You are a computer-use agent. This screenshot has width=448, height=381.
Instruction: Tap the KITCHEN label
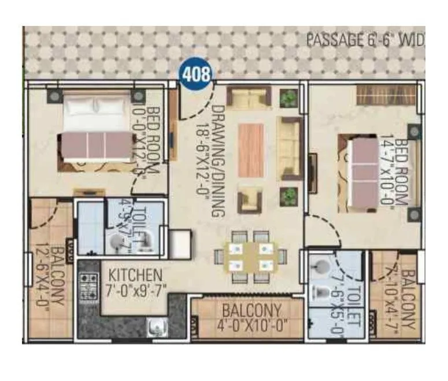(136, 274)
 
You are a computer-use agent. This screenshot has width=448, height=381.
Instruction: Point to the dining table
(250, 255)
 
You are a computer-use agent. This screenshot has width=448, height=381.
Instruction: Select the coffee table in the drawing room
(251, 150)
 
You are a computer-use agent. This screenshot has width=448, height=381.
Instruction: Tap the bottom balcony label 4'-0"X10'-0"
(252, 317)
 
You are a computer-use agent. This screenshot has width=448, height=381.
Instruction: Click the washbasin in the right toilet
(320, 267)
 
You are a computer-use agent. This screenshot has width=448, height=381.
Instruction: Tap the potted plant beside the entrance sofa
(286, 98)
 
